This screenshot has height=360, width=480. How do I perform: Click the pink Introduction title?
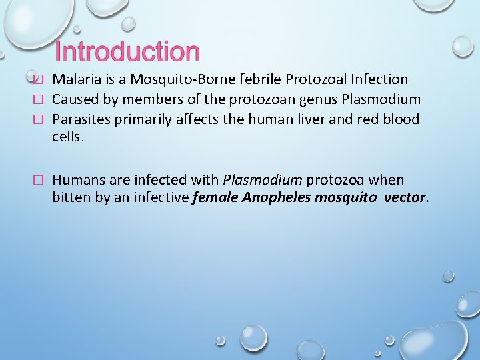click(x=127, y=52)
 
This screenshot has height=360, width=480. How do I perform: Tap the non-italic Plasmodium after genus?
click(x=381, y=100)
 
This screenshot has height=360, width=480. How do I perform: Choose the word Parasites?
click(x=81, y=120)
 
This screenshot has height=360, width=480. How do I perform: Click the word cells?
click(x=68, y=137)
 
